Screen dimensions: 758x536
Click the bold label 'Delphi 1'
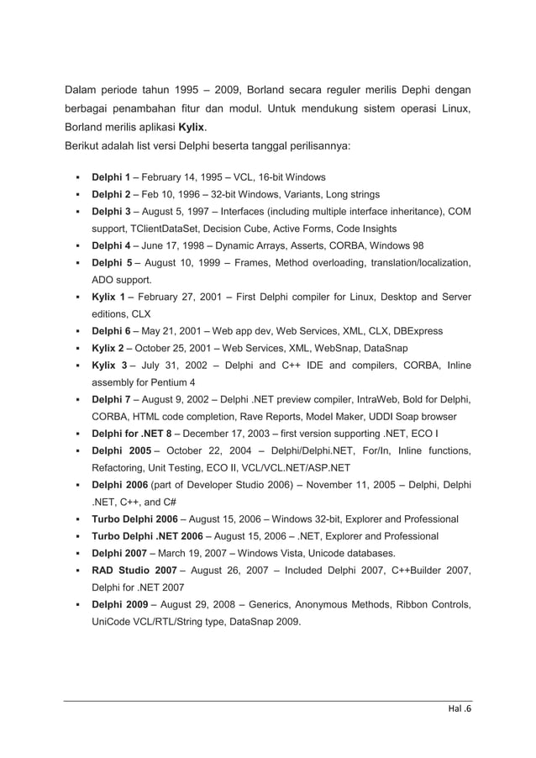[x=110, y=177]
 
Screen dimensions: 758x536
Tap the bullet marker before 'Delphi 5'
[x=77, y=263]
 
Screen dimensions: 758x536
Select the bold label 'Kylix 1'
[x=109, y=297]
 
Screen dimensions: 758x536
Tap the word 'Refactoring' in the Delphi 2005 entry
[x=118, y=468]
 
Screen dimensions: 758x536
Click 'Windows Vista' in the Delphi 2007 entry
[x=272, y=553]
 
